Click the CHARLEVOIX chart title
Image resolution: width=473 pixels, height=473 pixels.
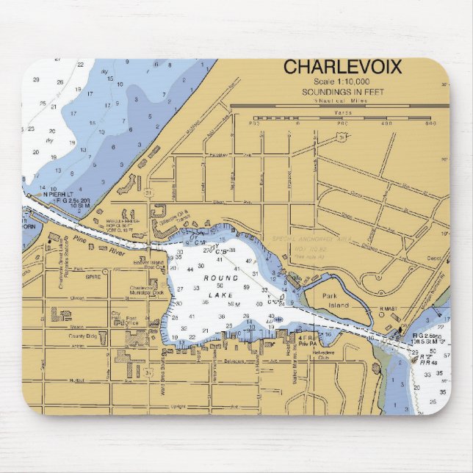[x=342, y=67]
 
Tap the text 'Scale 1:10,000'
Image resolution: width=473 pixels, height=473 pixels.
[x=342, y=82]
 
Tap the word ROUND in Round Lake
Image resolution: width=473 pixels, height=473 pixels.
[x=222, y=279]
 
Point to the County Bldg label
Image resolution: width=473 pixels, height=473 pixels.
[x=83, y=336]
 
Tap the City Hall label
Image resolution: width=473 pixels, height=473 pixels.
[x=115, y=316]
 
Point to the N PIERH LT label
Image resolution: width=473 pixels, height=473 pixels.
[x=57, y=194]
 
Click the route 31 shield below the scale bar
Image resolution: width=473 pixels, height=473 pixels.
[x=341, y=136]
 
